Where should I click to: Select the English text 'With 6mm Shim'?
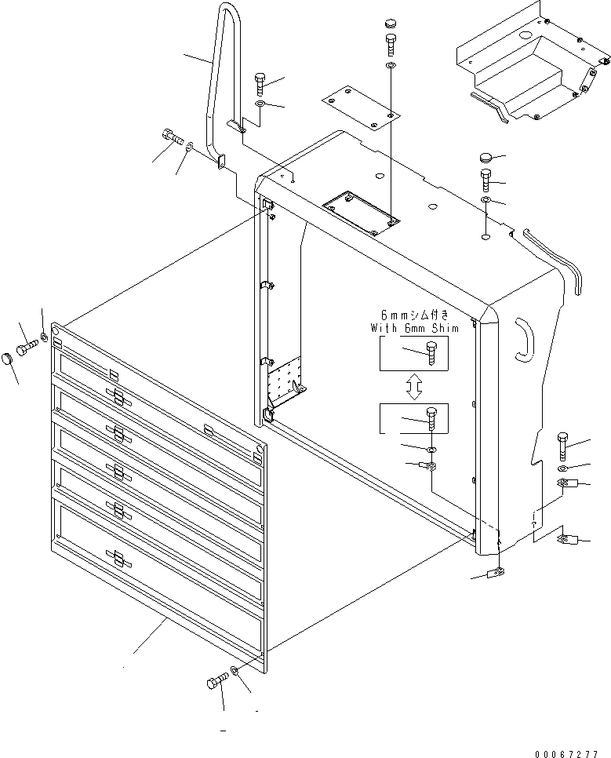tap(413, 329)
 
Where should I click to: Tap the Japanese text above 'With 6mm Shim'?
tap(413, 318)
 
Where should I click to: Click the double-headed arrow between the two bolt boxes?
tap(414, 385)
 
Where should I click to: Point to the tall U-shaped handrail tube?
tap(221, 71)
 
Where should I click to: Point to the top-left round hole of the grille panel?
tap(56, 330)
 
